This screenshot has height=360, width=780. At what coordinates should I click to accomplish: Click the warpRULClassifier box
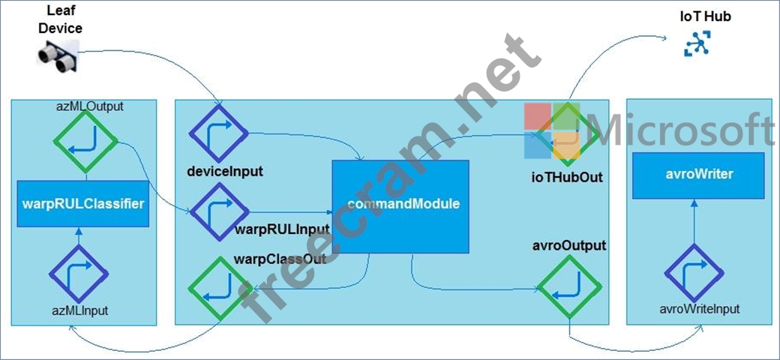click(x=83, y=202)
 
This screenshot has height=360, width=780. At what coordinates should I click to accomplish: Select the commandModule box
click(x=400, y=205)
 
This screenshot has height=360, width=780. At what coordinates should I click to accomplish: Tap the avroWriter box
click(x=698, y=175)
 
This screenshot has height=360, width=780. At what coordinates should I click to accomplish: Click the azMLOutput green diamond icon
click(x=85, y=141)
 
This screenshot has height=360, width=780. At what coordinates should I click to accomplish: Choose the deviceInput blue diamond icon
click(x=218, y=133)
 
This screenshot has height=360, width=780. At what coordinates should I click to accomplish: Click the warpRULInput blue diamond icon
click(x=219, y=212)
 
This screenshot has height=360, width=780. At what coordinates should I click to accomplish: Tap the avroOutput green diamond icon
click(x=569, y=288)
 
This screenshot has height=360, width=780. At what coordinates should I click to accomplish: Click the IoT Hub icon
click(x=698, y=43)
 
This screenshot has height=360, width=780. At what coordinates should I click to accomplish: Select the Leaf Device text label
click(x=61, y=19)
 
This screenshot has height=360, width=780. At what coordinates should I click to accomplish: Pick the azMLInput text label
click(x=79, y=311)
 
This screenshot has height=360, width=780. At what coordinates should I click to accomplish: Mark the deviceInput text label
click(x=224, y=172)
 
